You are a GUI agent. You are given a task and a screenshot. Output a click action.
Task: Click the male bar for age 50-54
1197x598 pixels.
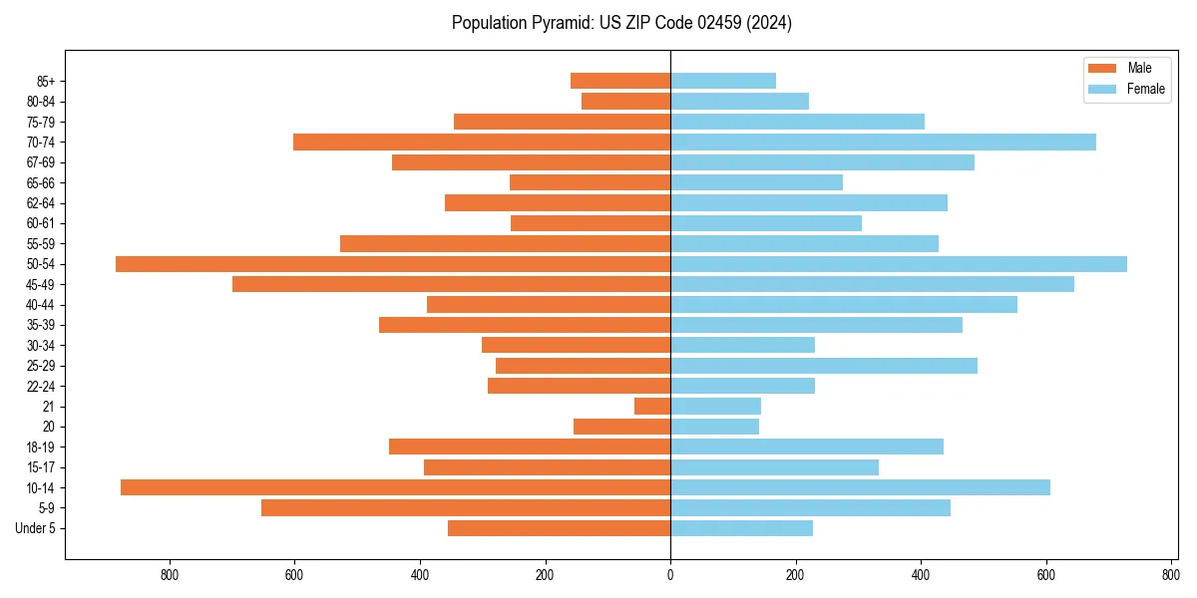point(393,264)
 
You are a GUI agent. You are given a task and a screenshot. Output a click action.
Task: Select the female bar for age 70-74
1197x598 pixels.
point(883,143)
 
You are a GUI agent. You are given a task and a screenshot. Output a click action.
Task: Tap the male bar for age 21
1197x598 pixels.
point(652,407)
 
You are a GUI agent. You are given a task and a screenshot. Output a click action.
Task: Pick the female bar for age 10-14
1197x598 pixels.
point(860,487)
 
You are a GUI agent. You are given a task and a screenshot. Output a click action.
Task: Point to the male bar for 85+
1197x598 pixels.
point(620,81)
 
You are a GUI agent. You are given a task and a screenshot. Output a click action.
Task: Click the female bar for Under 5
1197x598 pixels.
point(741,528)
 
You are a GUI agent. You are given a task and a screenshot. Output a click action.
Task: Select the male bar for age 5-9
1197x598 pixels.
point(466,508)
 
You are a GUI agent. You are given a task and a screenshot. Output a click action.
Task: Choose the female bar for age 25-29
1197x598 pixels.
point(824,366)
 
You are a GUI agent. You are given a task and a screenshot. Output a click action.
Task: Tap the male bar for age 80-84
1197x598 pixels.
point(625,102)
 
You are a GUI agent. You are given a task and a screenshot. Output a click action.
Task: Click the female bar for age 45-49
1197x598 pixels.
point(872,284)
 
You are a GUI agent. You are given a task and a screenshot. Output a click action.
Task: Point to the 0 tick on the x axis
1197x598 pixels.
point(670,575)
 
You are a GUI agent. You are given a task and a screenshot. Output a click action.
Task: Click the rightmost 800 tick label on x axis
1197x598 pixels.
point(1171,575)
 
